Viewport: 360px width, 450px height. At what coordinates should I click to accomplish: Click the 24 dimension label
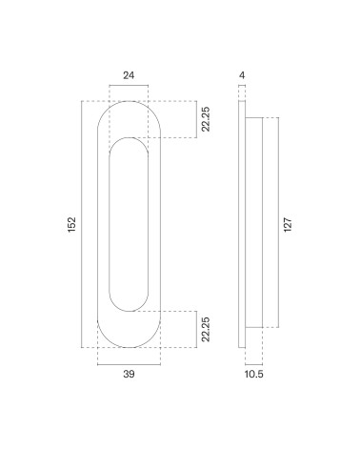129,75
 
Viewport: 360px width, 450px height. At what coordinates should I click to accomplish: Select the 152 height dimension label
72,224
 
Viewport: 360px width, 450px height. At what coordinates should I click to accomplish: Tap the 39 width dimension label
129,374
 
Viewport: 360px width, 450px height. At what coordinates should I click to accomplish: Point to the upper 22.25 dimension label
206,119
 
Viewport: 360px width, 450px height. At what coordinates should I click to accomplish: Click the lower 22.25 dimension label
206,329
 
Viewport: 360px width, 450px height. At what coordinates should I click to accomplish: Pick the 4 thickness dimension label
242,75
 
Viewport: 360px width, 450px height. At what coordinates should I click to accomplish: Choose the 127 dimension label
288,225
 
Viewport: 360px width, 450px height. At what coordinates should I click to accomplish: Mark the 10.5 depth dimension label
254,374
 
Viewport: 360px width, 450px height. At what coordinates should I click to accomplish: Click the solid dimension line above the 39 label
129,364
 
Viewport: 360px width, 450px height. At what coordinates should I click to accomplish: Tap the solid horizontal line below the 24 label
129,85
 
